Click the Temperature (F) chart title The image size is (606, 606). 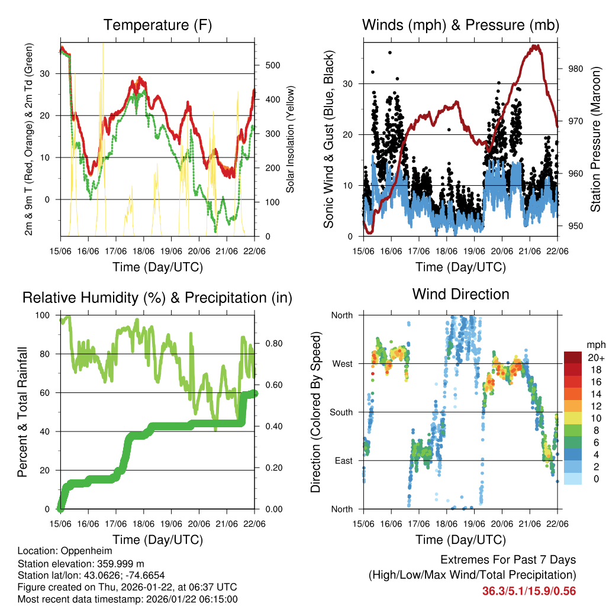click(157, 25)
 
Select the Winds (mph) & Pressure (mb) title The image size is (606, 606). click(461, 25)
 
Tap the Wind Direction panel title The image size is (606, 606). click(461, 294)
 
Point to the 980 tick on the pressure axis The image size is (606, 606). click(575, 69)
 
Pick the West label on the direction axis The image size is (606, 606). click(341, 363)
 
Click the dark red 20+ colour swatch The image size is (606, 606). click(573, 357)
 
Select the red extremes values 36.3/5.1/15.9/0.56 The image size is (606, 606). click(529, 591)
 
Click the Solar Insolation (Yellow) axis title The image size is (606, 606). click(291, 140)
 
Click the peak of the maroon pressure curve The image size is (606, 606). click(536, 46)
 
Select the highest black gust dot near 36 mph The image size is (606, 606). click(389, 53)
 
